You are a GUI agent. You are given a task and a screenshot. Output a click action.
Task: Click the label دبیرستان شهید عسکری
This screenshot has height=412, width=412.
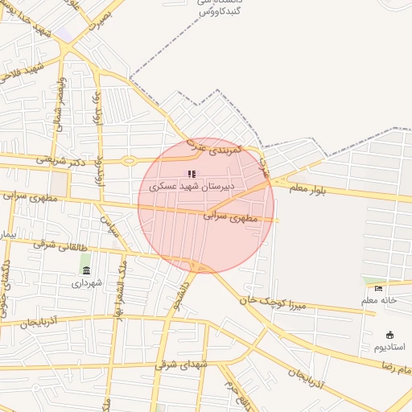[x=192, y=187]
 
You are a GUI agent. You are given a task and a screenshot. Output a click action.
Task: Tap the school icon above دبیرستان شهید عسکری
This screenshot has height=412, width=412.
[x=192, y=174]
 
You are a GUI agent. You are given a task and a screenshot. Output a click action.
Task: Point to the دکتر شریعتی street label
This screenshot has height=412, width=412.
[x=61, y=160]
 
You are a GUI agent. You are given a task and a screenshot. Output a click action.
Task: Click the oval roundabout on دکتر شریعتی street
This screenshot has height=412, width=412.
[x=129, y=161]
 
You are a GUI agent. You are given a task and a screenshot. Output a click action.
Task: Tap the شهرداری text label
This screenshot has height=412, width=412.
[x=86, y=283]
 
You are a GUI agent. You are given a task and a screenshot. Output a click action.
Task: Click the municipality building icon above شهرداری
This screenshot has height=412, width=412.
[x=86, y=270]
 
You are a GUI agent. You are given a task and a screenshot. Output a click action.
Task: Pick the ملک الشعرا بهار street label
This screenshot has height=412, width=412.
[x=117, y=278]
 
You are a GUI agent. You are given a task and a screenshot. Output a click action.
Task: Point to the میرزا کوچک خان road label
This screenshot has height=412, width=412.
[x=274, y=303]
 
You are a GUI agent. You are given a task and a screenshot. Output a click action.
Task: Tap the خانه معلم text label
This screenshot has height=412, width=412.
[x=378, y=300]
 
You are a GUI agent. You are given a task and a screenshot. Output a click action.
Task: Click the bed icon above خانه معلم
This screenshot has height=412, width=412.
[x=378, y=288]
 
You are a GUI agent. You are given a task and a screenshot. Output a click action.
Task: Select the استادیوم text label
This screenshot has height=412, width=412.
[x=389, y=347]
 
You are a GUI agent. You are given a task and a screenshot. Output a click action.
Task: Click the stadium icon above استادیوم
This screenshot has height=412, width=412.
[x=389, y=335]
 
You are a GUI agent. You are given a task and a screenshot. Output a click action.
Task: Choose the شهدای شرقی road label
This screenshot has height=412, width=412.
[x=183, y=365]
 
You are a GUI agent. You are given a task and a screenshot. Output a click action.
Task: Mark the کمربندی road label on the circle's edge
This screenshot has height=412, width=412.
[x=213, y=148]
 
